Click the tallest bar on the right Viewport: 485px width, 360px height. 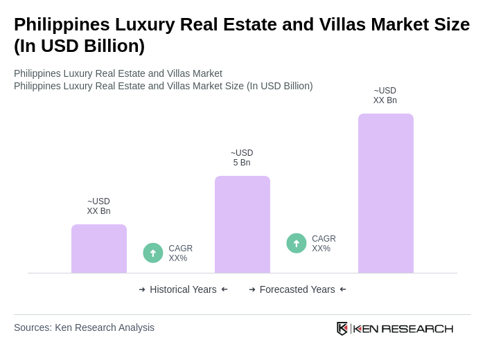(385, 193)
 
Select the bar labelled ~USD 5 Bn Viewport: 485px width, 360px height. (242, 224)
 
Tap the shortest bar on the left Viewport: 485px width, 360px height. (98, 249)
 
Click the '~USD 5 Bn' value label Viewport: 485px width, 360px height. (242, 158)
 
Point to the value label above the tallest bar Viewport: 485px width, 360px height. (385, 96)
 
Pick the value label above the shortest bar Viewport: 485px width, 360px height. (98, 206)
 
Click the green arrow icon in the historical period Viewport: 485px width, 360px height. (153, 253)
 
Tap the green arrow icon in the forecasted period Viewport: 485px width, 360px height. (297, 243)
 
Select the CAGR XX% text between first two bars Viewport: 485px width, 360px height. (180, 253)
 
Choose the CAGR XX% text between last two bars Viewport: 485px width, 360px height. (324, 244)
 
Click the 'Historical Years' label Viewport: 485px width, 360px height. (183, 289)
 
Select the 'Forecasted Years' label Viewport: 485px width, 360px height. (297, 289)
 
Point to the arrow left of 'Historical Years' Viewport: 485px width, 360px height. (142, 289)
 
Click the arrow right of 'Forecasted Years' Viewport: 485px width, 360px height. (343, 289)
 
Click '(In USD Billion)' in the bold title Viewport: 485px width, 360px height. (79, 46)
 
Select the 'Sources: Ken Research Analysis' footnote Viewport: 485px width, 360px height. (84, 327)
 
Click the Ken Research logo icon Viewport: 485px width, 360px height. (342, 328)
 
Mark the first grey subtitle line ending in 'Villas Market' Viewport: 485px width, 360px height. (118, 73)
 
